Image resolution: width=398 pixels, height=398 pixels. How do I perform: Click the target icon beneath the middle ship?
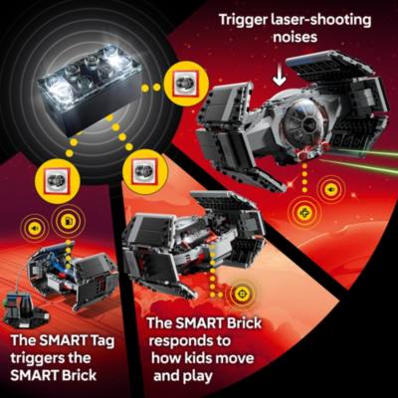pos(239,295)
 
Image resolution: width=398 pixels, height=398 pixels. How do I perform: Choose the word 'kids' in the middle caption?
pos(224,360)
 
